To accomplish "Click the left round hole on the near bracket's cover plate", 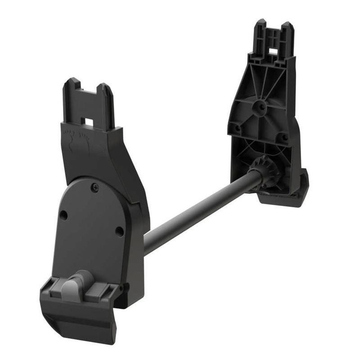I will click(x=64, y=216).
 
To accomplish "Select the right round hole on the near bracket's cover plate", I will click(x=119, y=231).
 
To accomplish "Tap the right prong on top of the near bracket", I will click(x=106, y=98).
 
